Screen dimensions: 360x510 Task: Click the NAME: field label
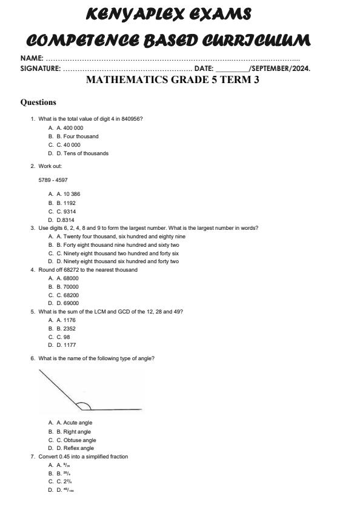[x=32, y=58]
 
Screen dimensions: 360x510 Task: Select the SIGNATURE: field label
[x=40, y=69]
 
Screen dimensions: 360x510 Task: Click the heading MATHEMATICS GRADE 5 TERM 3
[x=173, y=79]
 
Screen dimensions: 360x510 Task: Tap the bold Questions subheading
[x=38, y=102]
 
